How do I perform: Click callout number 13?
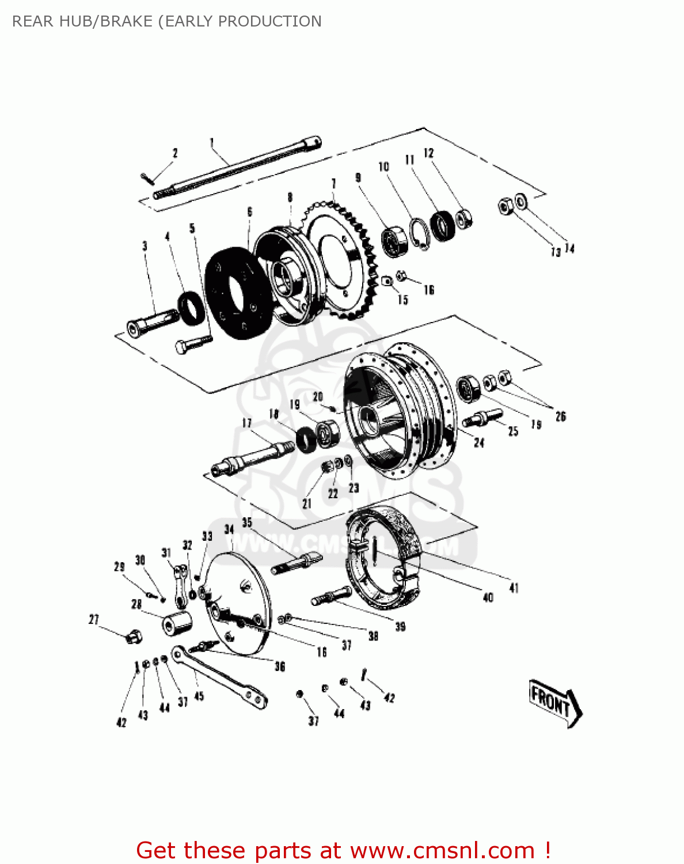pos(556,252)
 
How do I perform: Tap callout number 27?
pos(94,620)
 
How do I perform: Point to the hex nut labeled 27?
pos(134,636)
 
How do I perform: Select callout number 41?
pos(514,588)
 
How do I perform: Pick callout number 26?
pos(560,416)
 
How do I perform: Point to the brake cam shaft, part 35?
pos(297,562)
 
